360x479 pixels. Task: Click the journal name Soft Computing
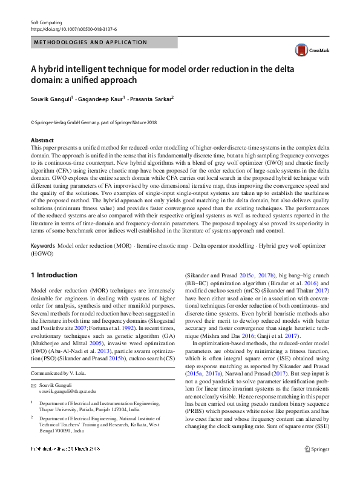tap(45, 22)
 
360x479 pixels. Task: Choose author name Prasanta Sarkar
tap(151, 99)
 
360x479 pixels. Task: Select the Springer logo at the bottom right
tap(316, 466)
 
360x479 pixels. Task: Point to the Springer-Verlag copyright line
tap(93, 122)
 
